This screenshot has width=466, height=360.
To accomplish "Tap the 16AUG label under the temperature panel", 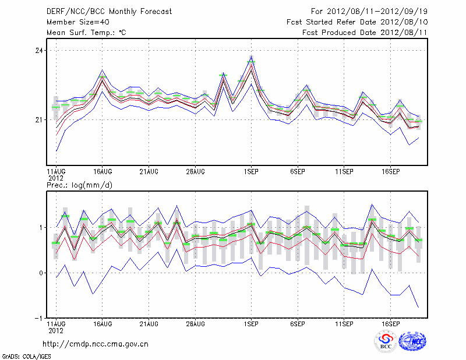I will click(103, 172).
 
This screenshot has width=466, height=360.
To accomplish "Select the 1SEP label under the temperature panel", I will click(251, 172).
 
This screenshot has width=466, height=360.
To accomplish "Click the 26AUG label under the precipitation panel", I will click(195, 323).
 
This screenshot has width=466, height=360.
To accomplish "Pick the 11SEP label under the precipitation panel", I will click(344, 323).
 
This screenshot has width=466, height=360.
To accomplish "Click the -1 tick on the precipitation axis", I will click(39, 318).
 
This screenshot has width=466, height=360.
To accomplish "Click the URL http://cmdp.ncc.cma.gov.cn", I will click(96, 344).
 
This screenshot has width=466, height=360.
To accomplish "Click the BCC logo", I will click(385, 341).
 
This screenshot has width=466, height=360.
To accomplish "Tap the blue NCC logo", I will click(412, 341).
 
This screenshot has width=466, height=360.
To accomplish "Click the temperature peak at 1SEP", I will click(251, 57).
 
